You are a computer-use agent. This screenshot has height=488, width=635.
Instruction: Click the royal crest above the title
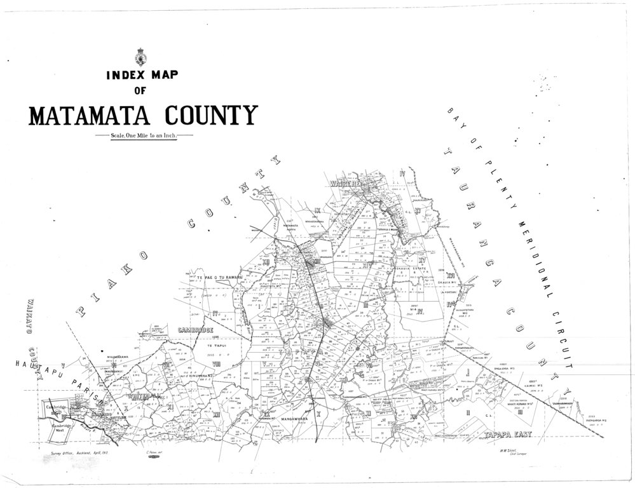(142, 57)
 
